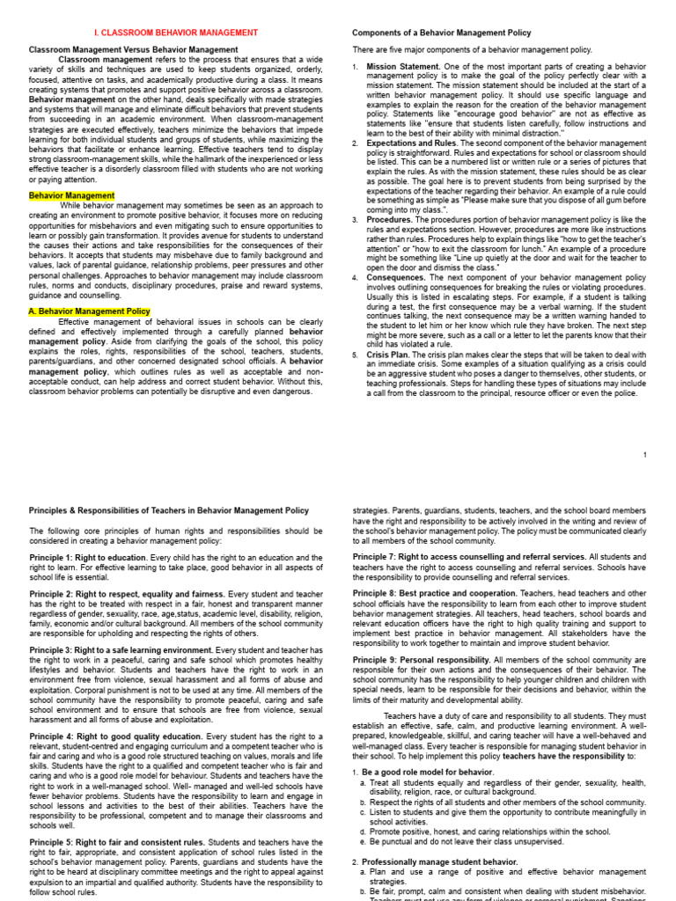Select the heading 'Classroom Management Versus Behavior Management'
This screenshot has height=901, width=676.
click(132, 50)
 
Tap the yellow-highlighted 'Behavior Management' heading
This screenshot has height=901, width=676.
click(72, 195)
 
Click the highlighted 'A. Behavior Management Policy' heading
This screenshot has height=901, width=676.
click(90, 311)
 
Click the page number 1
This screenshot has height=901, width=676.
click(645, 455)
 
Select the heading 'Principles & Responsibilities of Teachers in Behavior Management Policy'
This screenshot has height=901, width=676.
click(169, 509)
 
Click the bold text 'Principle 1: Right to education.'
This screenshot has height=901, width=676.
click(88, 558)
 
